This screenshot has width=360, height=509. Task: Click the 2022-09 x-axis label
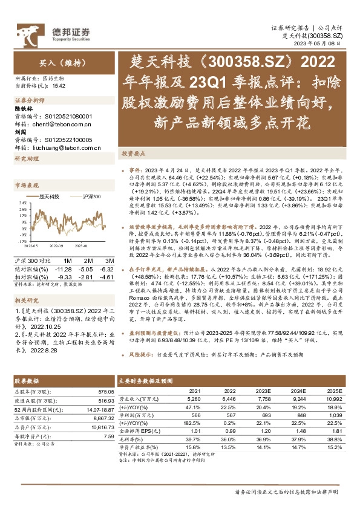click(56, 246)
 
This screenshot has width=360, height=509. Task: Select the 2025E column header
click(333, 391)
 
